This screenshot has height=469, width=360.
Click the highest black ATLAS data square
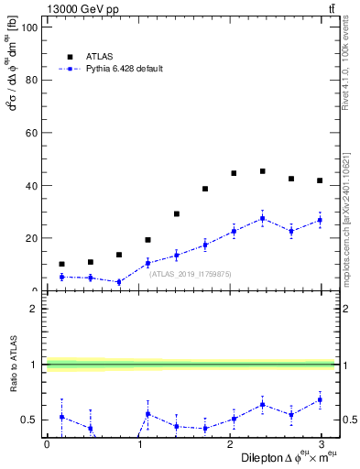(263, 171)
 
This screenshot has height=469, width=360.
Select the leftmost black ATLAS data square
(61, 264)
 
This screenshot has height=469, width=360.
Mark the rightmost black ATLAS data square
(320, 180)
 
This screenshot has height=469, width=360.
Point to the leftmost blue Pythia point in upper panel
(61, 277)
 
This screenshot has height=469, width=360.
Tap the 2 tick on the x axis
(229, 444)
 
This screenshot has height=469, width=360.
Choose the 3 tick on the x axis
(321, 444)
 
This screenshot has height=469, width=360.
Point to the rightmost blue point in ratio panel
(320, 399)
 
